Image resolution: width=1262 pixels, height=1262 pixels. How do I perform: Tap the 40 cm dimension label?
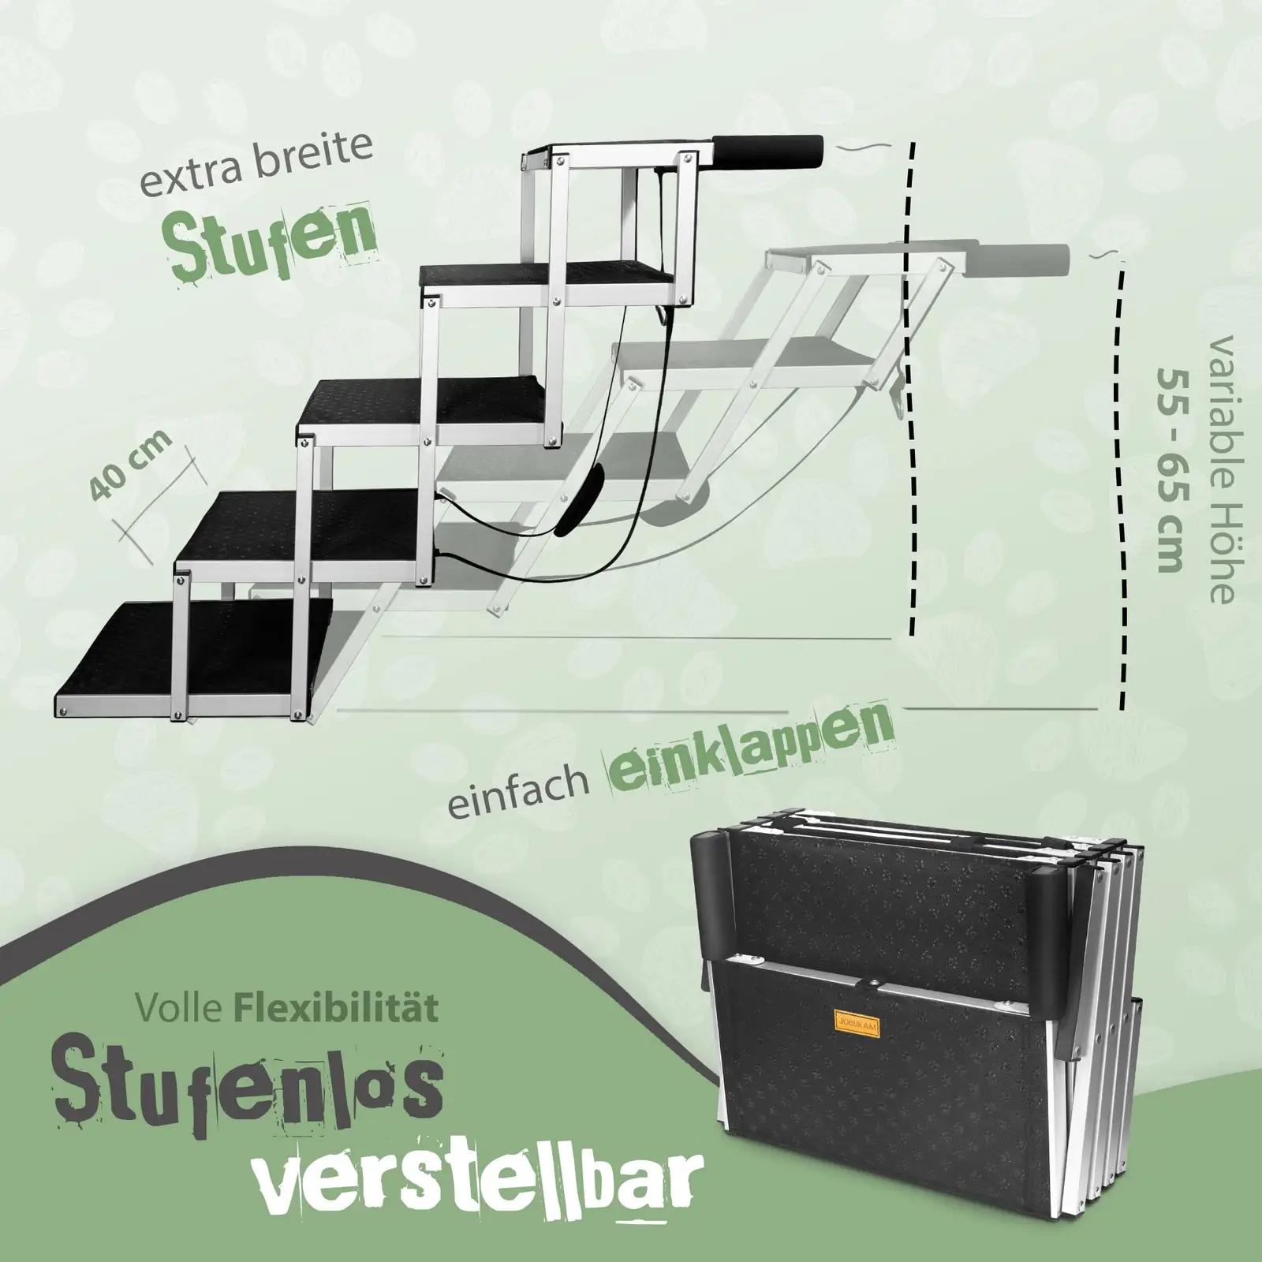click(x=132, y=466)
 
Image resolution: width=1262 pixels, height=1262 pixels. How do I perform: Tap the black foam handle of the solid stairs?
click(x=768, y=147)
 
